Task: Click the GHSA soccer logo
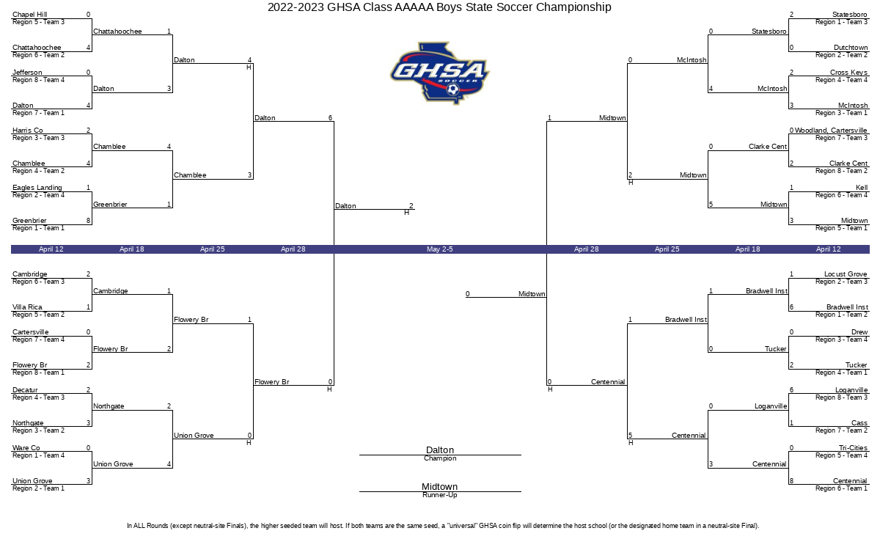(439, 73)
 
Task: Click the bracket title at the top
(439, 7)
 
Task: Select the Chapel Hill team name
(30, 15)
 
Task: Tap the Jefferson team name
(27, 73)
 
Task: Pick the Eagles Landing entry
(37, 188)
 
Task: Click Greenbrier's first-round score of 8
(89, 221)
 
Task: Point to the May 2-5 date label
(439, 249)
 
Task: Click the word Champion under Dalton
(440, 458)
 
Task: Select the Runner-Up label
(439, 495)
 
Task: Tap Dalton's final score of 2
(411, 206)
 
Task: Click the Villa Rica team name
(27, 307)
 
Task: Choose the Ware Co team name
(26, 448)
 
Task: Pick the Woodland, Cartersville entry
(831, 131)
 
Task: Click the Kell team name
(862, 188)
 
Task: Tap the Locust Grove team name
(846, 274)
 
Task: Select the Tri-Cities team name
(853, 448)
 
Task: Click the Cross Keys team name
(848, 73)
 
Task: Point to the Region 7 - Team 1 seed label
(38, 113)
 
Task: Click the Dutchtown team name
(851, 48)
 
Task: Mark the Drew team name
(859, 332)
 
